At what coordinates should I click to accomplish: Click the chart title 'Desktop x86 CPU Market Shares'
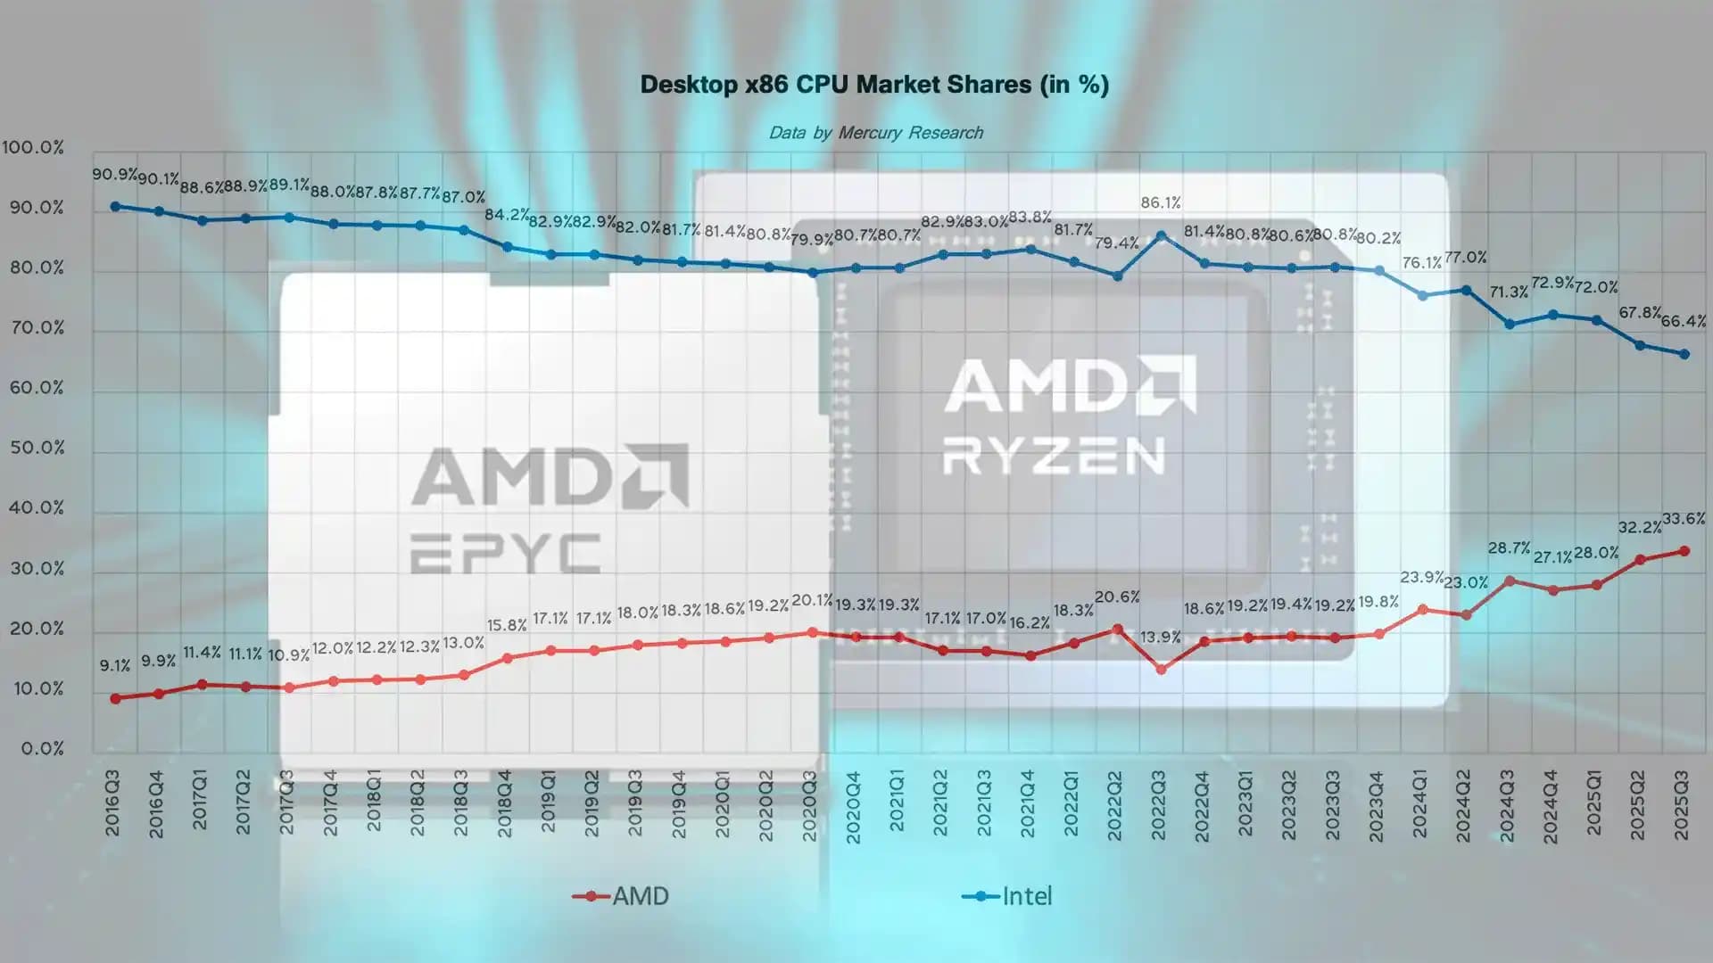click(874, 85)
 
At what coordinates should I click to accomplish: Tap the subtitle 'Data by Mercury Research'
click(875, 133)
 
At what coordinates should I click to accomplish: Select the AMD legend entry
click(622, 896)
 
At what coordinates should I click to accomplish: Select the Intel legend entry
click(1008, 896)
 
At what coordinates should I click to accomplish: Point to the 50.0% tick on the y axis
click(37, 448)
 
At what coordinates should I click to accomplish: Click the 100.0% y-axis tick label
click(33, 147)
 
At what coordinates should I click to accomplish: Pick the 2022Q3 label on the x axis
click(1158, 805)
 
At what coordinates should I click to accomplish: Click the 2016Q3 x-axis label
click(112, 803)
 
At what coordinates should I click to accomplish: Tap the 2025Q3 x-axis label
click(1682, 805)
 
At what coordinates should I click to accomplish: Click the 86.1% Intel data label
click(1160, 203)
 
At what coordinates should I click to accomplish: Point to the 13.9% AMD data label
click(1160, 637)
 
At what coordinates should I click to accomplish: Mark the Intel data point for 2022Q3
click(1161, 236)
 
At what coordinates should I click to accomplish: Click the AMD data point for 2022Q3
click(1161, 669)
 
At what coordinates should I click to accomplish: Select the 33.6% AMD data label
click(1684, 519)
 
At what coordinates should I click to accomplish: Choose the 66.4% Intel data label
click(1683, 321)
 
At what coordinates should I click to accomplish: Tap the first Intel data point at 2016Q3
click(115, 206)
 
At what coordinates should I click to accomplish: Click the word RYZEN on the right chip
click(1055, 456)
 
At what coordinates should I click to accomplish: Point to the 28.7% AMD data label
click(1509, 548)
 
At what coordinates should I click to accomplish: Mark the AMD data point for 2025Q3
click(1684, 551)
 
